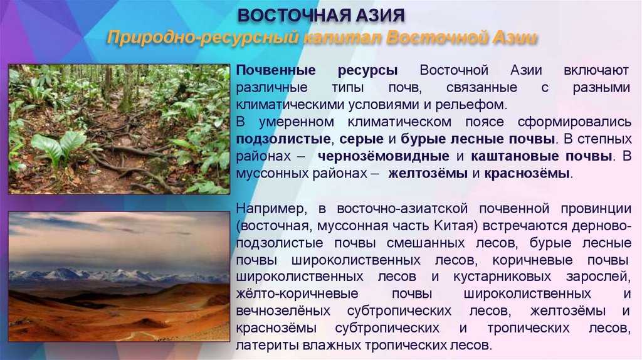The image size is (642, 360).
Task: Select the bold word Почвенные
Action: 272,71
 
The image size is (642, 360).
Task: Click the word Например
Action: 271,208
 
